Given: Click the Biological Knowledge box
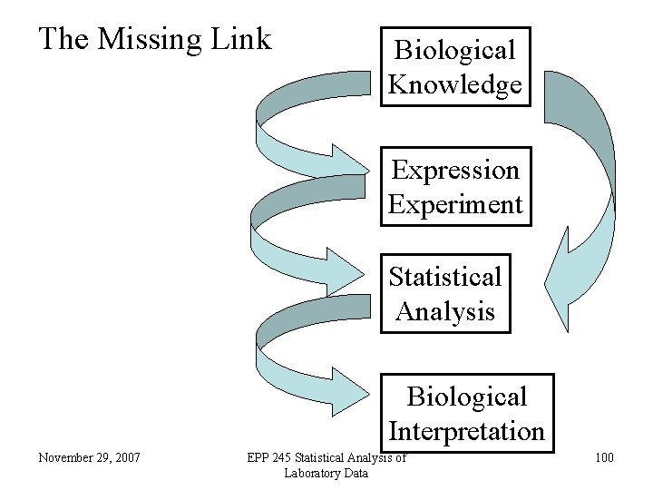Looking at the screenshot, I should [x=454, y=67].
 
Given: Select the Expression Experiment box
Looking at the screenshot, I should [x=454, y=187].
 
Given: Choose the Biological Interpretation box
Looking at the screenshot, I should [x=466, y=413].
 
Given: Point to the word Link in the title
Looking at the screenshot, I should [x=240, y=39].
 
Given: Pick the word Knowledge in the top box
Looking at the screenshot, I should [x=454, y=84].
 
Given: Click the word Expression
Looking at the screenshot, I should [x=454, y=170].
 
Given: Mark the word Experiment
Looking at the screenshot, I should [x=454, y=204].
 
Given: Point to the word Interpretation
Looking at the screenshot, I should [x=466, y=430].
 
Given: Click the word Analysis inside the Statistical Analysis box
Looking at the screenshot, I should [x=444, y=311].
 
